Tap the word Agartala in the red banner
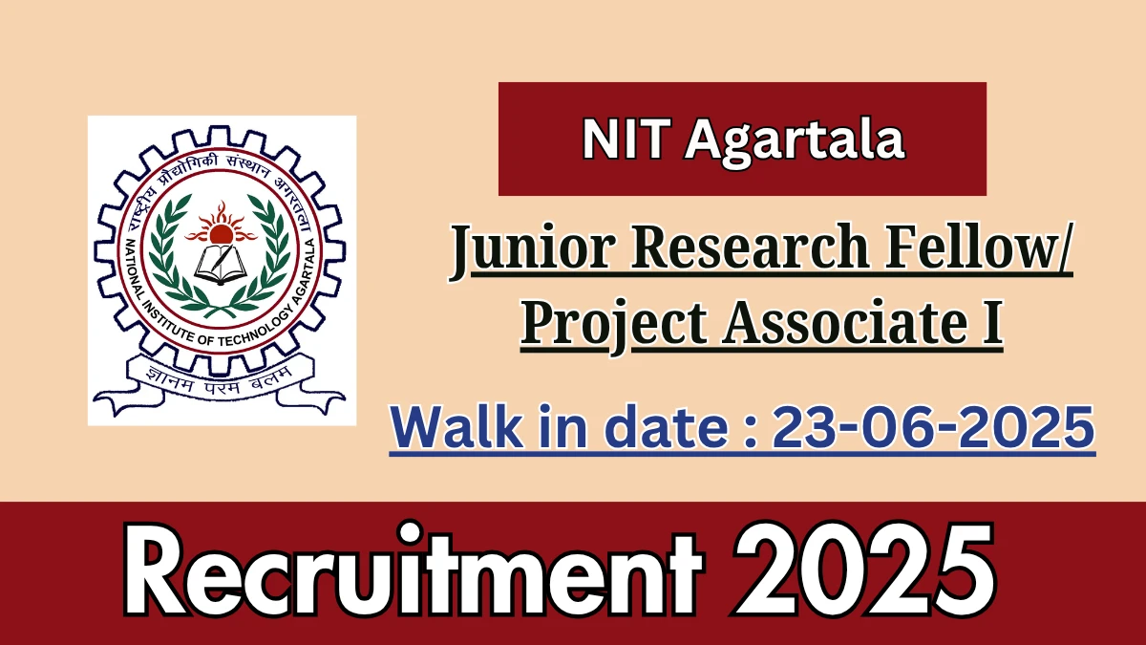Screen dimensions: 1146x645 (x=795, y=143)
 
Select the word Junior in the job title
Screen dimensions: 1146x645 (x=533, y=249)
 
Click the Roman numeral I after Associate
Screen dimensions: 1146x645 (x=991, y=323)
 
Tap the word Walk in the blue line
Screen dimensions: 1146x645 (x=456, y=426)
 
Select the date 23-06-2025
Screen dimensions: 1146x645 (x=933, y=426)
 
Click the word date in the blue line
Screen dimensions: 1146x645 (x=669, y=426)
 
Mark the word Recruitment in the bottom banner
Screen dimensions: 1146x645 (x=413, y=570)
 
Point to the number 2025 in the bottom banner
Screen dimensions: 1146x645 (x=864, y=570)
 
